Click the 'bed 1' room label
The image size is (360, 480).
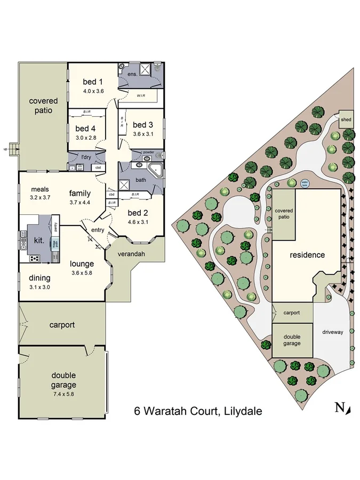tap(93, 82)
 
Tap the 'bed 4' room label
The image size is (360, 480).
tap(85, 129)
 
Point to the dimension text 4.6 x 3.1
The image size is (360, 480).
tap(138, 222)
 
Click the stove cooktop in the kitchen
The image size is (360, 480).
tap(34, 258)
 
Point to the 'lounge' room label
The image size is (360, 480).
tap(82, 263)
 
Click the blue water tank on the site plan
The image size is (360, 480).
tap(306, 182)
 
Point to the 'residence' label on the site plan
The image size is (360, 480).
tap(307, 255)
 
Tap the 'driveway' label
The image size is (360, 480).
tap(332, 332)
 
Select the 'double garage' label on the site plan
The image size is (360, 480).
tap(292, 340)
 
